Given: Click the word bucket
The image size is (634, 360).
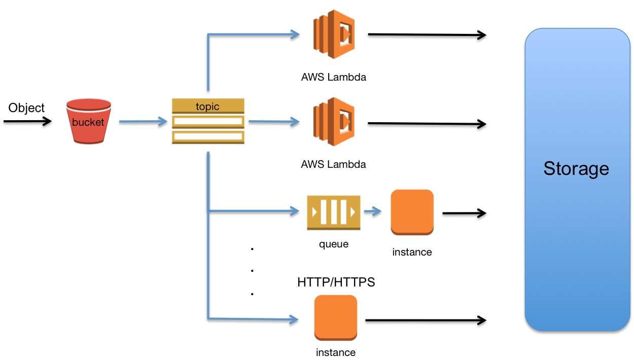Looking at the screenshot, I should (88, 122).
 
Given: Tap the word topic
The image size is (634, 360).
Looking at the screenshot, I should (207, 106).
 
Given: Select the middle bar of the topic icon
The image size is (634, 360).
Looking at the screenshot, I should (208, 122).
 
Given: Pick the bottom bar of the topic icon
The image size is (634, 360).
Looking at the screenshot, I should (208, 137).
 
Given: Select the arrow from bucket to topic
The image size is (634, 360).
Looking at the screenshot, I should (143, 121).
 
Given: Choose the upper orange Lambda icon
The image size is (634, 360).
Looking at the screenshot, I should (333, 34).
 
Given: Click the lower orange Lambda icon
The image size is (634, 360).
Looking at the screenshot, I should (333, 122).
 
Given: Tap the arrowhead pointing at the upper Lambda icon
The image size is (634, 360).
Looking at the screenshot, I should (295, 34).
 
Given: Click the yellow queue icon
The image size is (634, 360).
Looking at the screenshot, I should (333, 212).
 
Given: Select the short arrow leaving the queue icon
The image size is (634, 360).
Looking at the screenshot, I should (373, 211).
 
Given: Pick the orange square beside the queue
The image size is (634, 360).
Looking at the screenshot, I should (412, 212).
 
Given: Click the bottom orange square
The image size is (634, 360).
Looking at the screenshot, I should (336, 317).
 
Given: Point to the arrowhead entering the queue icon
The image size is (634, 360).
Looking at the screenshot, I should (295, 210).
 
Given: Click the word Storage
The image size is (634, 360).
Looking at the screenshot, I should (576, 168).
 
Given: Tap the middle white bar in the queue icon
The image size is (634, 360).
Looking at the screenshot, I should (333, 211).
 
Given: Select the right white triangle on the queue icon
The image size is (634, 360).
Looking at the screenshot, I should (353, 211).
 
